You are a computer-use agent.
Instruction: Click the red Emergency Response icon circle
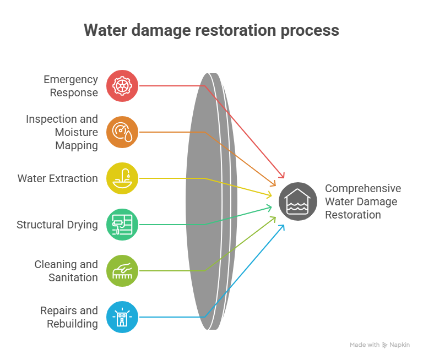(x=122, y=86)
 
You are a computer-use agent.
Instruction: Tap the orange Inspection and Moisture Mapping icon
(x=122, y=132)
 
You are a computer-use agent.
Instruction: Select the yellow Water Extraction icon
(x=122, y=178)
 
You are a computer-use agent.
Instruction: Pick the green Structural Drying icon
(x=122, y=225)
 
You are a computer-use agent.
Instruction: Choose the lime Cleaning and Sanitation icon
(x=122, y=271)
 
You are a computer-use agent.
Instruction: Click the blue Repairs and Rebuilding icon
(x=122, y=317)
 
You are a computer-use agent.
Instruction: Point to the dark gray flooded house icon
(x=298, y=201)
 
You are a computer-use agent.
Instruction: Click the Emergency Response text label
(x=71, y=86)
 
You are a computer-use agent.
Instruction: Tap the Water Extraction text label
(x=58, y=178)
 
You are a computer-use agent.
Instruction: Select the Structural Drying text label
(x=57, y=225)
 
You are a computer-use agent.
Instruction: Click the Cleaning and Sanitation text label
(x=66, y=271)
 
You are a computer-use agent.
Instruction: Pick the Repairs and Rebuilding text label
(x=69, y=317)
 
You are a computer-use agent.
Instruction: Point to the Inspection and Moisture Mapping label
(x=62, y=132)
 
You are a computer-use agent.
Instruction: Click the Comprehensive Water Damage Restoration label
(x=362, y=201)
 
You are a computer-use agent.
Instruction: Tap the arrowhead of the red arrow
(x=283, y=176)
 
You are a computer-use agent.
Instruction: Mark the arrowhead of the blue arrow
(x=283, y=226)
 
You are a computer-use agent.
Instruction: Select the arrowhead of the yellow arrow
(x=269, y=195)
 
